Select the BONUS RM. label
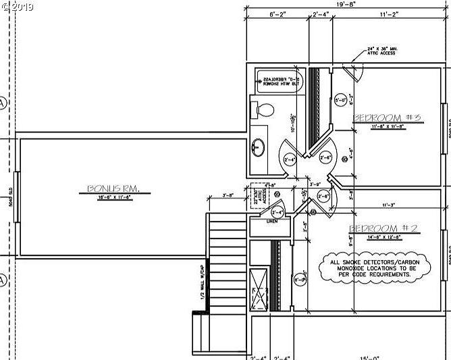pyautogui.click(x=113, y=189)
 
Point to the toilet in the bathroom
pyautogui.click(x=262, y=110)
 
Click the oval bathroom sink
pyautogui.click(x=259, y=147)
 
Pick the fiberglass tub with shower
pyautogui.click(x=280, y=82)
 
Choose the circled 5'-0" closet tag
pyautogui.click(x=341, y=101)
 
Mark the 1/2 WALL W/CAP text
pyautogui.click(x=201, y=284)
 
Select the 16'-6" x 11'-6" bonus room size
pyautogui.click(x=113, y=197)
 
